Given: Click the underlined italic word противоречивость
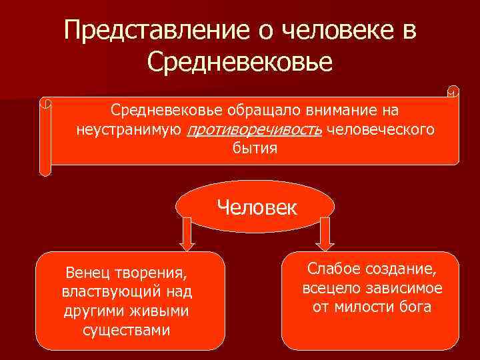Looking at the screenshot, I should point(255,129).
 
